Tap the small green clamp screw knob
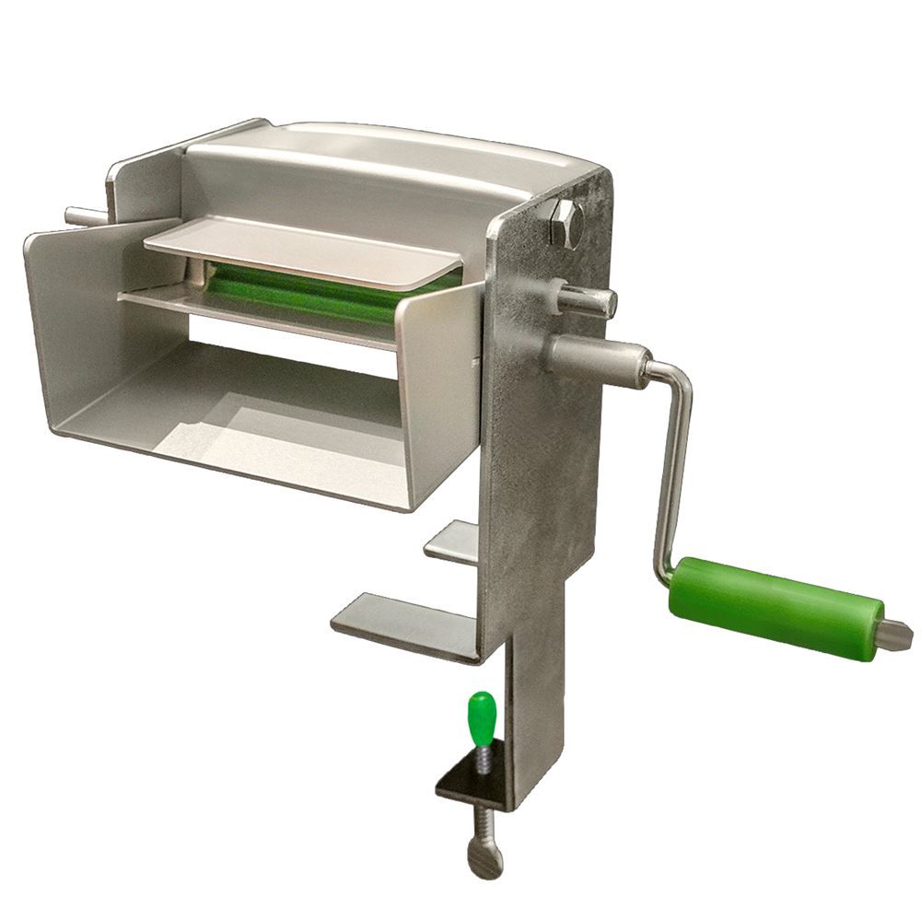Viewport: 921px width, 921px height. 482,713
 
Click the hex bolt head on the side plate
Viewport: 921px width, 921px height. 565,224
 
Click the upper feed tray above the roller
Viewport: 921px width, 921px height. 304,249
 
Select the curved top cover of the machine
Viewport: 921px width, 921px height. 387,166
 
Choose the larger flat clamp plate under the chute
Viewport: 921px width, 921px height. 405,624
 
